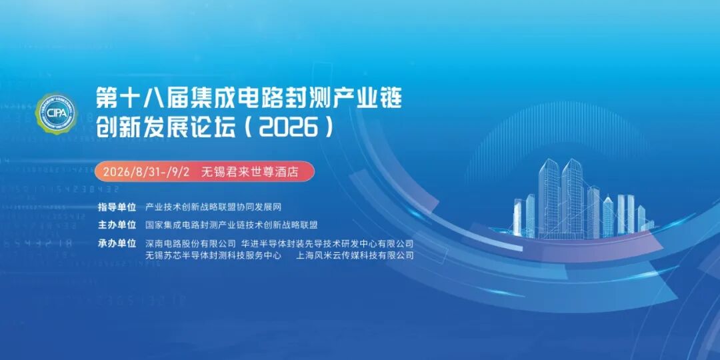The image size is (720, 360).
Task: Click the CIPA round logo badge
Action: (x=57, y=113)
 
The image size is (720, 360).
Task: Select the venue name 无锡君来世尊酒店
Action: (x=250, y=172)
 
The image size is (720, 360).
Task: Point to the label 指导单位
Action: (x=117, y=207)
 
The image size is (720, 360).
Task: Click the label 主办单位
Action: (x=117, y=225)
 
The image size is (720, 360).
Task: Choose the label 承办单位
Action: (x=117, y=243)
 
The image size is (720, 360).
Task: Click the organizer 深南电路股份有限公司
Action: (x=191, y=243)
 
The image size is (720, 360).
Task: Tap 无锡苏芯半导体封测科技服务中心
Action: (x=213, y=255)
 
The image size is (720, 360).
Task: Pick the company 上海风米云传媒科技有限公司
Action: (x=355, y=255)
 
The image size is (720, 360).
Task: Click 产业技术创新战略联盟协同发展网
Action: (x=213, y=207)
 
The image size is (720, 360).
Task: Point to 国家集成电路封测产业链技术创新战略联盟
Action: (x=231, y=225)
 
